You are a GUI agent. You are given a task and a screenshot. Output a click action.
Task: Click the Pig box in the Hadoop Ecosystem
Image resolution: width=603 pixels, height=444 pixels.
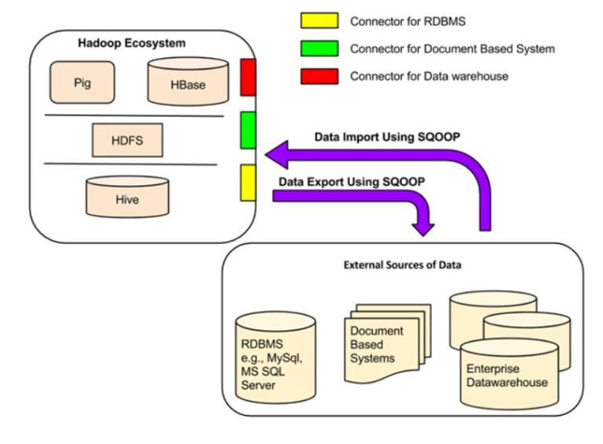click(82, 82)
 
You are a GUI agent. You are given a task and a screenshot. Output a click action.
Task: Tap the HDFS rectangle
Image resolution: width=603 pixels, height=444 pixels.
click(126, 140)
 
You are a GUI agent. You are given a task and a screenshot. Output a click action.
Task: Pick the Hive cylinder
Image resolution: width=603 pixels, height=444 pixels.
click(126, 197)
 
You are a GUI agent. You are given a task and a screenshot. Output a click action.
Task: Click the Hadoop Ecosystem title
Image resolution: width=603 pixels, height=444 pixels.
click(132, 42)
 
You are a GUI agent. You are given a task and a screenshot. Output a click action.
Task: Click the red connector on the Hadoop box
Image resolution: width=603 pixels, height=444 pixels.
click(248, 77)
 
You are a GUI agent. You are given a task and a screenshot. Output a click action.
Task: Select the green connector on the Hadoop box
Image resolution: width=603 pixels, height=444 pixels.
click(248, 129)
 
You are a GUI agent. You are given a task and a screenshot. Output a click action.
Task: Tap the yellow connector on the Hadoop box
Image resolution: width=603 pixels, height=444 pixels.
click(248, 182)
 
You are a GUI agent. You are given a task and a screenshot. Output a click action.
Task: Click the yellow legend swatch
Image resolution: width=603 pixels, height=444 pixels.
click(320, 21)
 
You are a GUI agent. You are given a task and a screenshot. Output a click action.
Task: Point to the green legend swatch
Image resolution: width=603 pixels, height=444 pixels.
click(320, 49)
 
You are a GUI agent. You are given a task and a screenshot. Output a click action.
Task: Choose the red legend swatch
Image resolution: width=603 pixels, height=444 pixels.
click(320, 76)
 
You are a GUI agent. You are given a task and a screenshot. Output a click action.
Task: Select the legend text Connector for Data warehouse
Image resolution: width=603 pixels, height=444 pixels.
click(429, 76)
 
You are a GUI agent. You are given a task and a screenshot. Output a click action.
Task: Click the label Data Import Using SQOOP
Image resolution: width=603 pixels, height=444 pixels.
click(387, 136)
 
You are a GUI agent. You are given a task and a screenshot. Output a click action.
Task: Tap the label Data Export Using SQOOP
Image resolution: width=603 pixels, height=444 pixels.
click(353, 181)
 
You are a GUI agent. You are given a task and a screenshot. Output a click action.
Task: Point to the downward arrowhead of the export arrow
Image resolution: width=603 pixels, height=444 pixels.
click(425, 227)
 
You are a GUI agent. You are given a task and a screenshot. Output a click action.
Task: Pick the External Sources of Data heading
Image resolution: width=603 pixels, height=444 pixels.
click(402, 265)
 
